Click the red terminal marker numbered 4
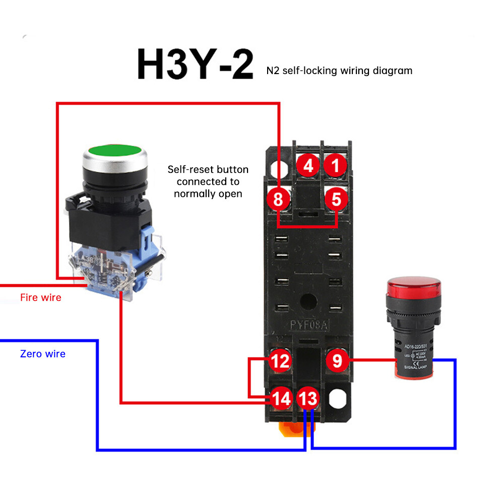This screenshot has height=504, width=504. [308, 166]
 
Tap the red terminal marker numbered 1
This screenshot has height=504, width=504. [336, 166]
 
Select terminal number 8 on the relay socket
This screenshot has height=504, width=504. [279, 200]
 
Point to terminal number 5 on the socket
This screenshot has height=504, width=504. [336, 200]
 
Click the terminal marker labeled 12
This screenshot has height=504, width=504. [280, 361]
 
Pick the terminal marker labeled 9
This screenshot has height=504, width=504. [337, 361]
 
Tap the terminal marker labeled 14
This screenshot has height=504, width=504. [281, 399]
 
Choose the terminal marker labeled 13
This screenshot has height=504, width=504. [307, 399]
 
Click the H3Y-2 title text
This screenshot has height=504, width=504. [195, 64]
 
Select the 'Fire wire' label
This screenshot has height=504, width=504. [41, 298]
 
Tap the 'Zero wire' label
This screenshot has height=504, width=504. [43, 354]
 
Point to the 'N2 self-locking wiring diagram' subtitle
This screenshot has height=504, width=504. [339, 71]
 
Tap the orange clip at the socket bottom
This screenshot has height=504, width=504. [294, 430]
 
